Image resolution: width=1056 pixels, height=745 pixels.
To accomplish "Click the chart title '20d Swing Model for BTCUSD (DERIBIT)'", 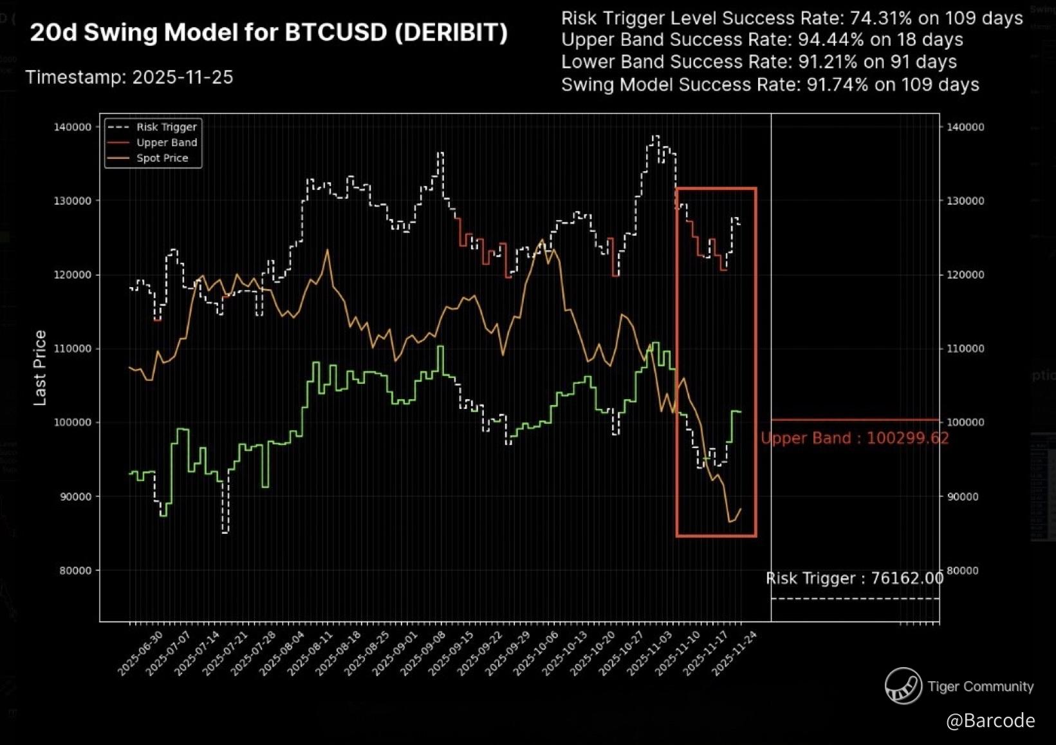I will (268, 32).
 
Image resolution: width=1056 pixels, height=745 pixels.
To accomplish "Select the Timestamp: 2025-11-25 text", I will (129, 77).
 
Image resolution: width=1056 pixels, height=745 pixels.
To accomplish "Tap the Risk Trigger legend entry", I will (166, 127).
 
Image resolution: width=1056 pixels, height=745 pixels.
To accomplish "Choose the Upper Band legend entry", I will (166, 142).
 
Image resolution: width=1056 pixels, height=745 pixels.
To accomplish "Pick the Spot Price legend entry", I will (162, 158).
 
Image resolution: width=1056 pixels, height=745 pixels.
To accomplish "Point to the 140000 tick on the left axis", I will (72, 127).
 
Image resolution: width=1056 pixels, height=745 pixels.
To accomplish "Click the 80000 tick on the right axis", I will (965, 571).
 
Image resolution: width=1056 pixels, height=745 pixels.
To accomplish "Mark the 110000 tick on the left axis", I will (72, 348).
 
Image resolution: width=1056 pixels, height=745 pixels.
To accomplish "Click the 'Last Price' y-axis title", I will (40, 368).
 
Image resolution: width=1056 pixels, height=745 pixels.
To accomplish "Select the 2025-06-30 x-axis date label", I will (133, 653).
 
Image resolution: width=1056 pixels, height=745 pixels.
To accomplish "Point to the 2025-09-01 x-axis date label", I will (387, 653).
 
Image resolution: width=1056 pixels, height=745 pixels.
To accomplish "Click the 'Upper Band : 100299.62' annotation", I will (855, 439).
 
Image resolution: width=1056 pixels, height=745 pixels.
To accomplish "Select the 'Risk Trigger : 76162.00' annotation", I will (855, 578).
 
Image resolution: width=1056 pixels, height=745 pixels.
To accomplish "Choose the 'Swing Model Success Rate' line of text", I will (770, 85).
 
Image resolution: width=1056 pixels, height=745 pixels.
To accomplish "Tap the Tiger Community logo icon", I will (903, 686).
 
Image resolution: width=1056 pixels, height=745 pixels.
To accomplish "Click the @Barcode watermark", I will (990, 720).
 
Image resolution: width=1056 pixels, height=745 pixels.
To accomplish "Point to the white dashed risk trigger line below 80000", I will (855, 599).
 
